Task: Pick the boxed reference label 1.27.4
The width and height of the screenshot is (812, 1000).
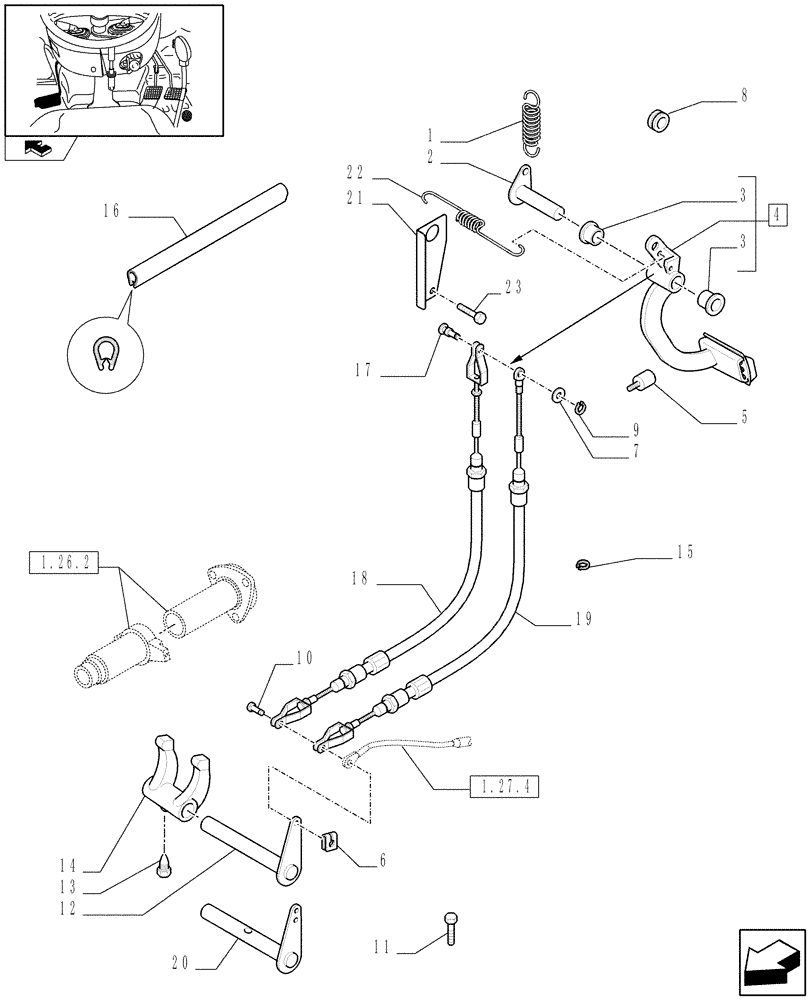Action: pyautogui.click(x=503, y=787)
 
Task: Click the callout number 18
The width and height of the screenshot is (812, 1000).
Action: pyautogui.click(x=361, y=577)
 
